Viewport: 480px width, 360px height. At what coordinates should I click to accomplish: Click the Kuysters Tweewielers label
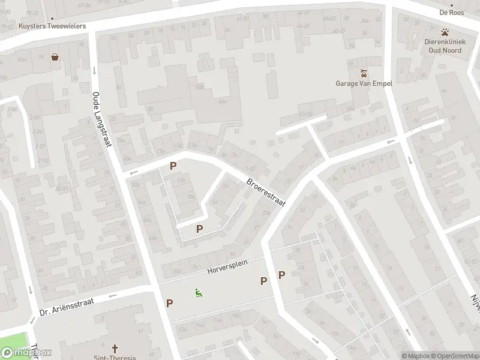52,26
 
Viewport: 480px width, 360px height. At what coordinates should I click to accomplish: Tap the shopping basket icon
55,58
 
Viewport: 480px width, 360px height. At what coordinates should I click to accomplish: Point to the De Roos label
452,12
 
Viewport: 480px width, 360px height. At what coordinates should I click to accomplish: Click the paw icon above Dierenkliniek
445,32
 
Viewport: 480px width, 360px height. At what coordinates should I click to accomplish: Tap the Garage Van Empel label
364,83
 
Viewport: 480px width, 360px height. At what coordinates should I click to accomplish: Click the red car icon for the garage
364,73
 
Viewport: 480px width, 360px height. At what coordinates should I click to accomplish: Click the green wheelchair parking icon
198,293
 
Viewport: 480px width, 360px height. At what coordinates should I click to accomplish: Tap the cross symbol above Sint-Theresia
115,348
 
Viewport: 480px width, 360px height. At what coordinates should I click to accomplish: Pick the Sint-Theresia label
115,357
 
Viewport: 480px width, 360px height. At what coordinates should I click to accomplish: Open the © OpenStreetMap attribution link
454,356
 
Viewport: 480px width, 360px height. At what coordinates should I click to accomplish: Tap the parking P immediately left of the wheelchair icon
170,303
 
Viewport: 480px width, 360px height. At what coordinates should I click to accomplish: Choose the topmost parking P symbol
173,166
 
